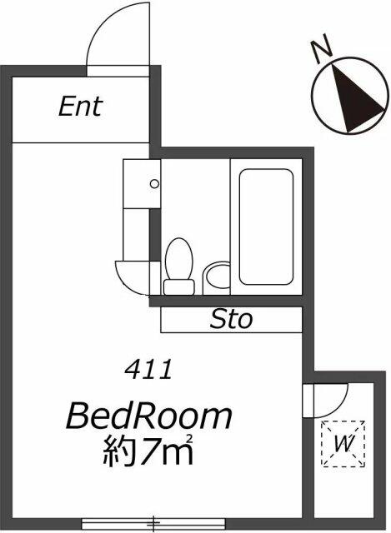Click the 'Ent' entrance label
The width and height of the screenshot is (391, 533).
pos(81,107)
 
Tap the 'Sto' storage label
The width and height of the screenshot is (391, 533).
pos(232,320)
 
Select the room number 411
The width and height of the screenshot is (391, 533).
pos(148,370)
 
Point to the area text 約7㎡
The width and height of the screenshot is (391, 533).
pos(148,450)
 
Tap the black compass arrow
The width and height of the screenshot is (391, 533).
pos(356,98)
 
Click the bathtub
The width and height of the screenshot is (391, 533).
pos(266,227)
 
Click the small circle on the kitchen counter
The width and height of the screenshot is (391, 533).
pos(154,184)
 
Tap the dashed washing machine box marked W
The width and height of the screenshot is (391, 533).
pos(343,444)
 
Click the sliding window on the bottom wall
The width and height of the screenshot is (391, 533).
pos(153,524)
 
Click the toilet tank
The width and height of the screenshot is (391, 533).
pos(179,287)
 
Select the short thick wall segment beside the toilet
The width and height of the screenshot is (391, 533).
pos(155,235)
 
